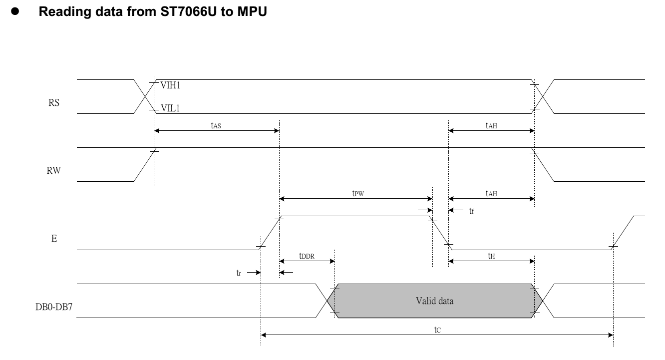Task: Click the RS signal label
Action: [x=54, y=102]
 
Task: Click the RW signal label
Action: [x=54, y=170]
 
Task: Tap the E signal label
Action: [x=54, y=239]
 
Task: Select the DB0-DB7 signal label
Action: [x=54, y=307]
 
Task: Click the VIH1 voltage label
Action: [x=170, y=85]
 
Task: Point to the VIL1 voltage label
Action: [x=170, y=108]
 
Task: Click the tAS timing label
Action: [x=216, y=125]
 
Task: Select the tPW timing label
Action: [x=358, y=193]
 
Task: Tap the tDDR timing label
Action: [x=307, y=256]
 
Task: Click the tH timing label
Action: [x=491, y=256]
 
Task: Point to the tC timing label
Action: [x=437, y=330]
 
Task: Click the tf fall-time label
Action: [x=471, y=211]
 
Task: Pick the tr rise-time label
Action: [x=239, y=273]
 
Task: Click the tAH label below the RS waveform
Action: [x=491, y=125]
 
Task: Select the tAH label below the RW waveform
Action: [x=491, y=193]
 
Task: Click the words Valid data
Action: [x=435, y=301]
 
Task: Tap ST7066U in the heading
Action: [x=189, y=11]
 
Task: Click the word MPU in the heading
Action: [x=252, y=11]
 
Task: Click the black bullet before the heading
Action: [x=15, y=11]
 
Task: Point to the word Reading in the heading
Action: [x=65, y=12]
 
